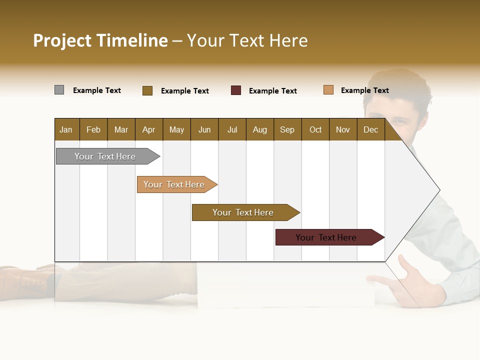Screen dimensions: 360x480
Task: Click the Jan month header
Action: pyautogui.click(x=66, y=129)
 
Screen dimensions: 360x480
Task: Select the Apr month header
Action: pyautogui.click(x=149, y=129)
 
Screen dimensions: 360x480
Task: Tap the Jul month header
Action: pyautogui.click(x=232, y=129)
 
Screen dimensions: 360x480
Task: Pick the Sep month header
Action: pyautogui.click(x=287, y=129)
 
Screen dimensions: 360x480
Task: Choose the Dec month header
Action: pyautogui.click(x=370, y=129)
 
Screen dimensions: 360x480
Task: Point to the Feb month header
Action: pyautogui.click(x=93, y=129)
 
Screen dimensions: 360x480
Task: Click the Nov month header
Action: pyautogui.click(x=343, y=129)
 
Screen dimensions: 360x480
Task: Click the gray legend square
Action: pyautogui.click(x=59, y=90)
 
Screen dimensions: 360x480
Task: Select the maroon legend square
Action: pyautogui.click(x=236, y=90)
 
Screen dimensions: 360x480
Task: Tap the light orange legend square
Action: pyautogui.click(x=328, y=90)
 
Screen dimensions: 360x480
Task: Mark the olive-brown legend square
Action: pyautogui.click(x=147, y=90)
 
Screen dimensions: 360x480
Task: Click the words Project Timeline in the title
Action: pyautogui.click(x=100, y=40)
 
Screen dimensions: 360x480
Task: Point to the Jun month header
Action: pyautogui.click(x=204, y=129)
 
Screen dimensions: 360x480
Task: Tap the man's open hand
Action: pyautogui.click(x=410, y=282)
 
